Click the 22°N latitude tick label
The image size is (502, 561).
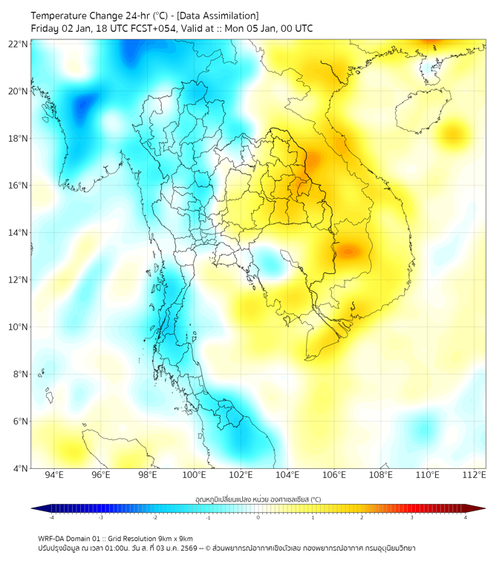(x=19, y=44)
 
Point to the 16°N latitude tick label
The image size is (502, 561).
(x=19, y=185)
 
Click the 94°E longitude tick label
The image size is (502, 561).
(x=54, y=475)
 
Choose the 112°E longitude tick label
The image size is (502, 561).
(x=475, y=475)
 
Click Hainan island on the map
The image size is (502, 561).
(x=421, y=111)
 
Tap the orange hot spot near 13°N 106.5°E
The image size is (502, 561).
(x=349, y=250)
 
